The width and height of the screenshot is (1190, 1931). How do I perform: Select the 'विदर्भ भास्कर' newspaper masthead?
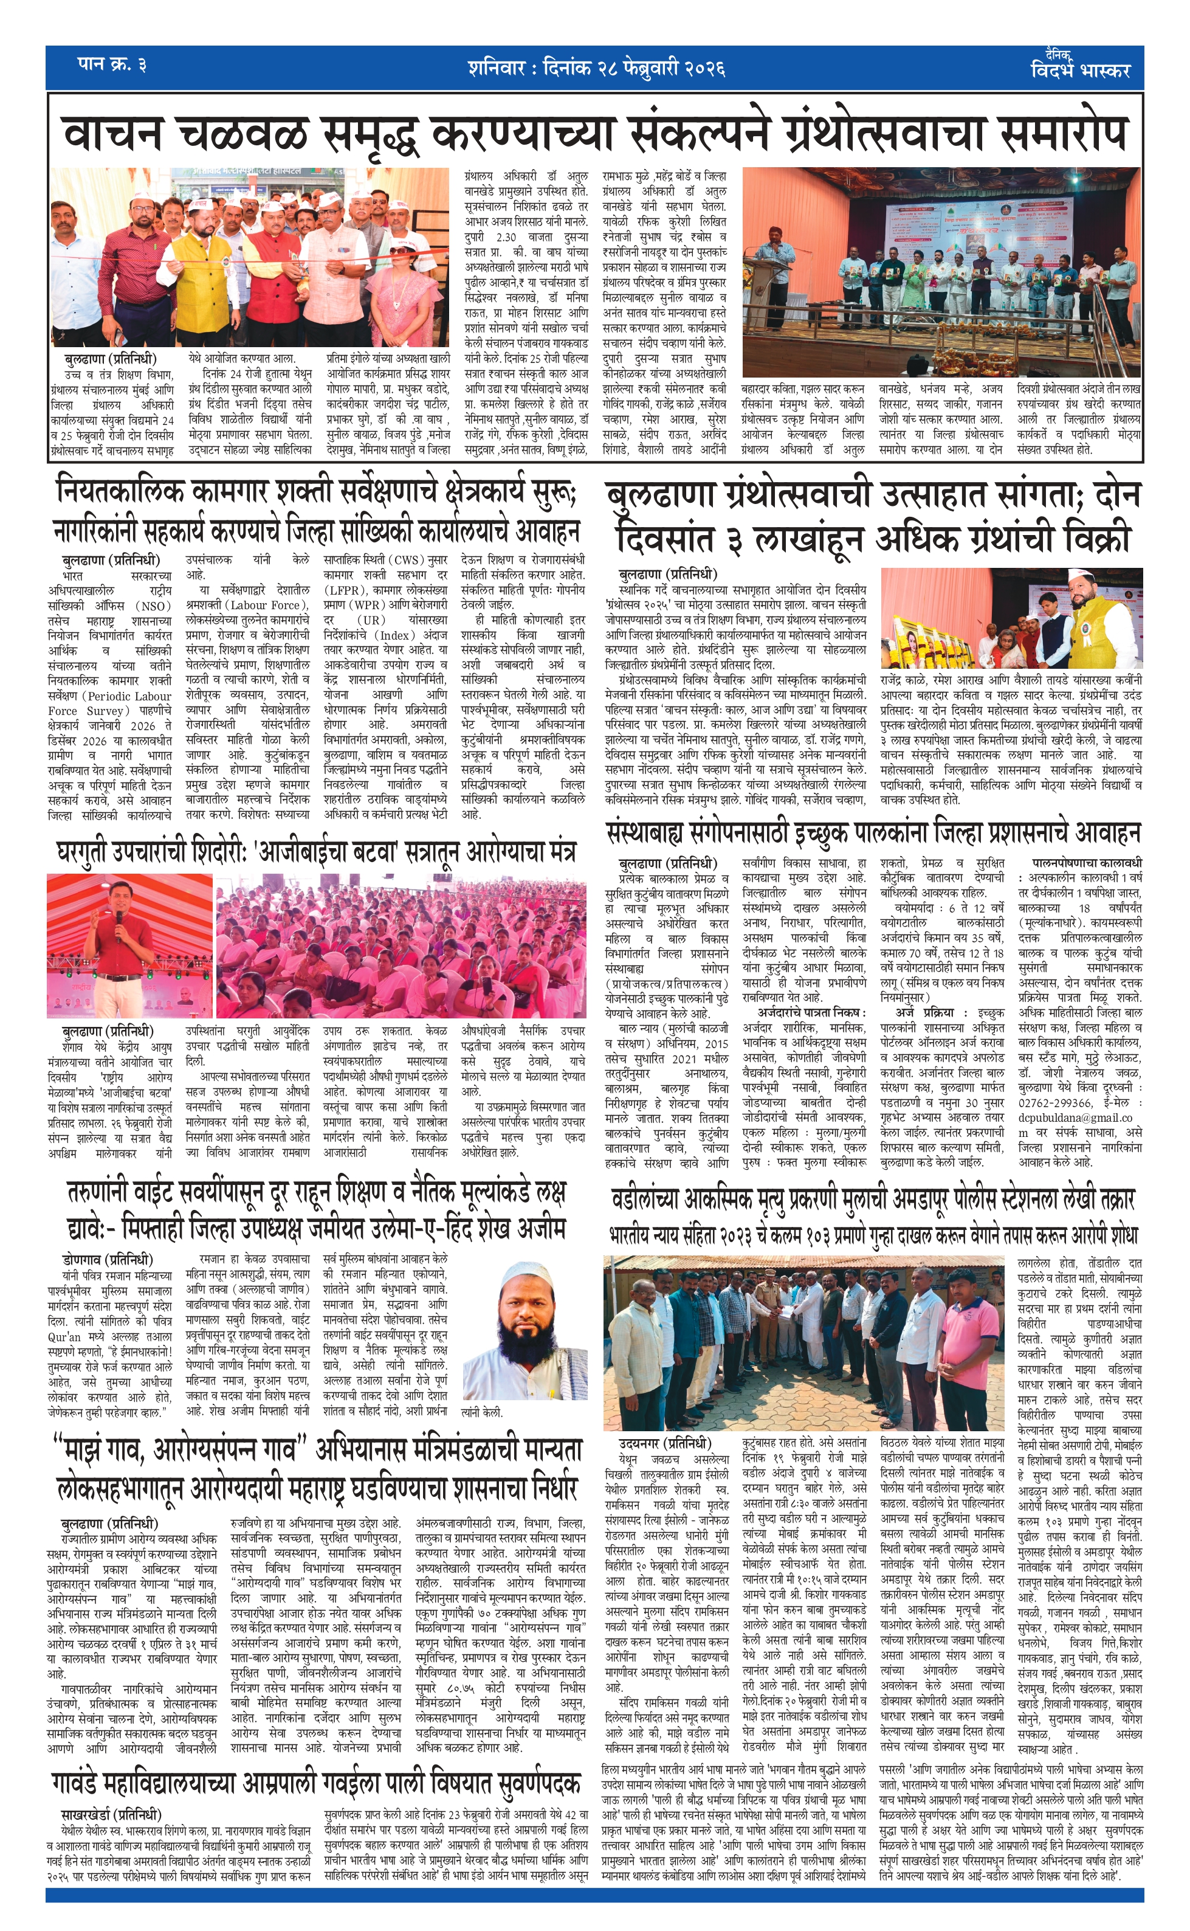tap(1080, 69)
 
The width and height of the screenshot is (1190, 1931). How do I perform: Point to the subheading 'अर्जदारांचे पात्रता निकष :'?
tap(811, 1012)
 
